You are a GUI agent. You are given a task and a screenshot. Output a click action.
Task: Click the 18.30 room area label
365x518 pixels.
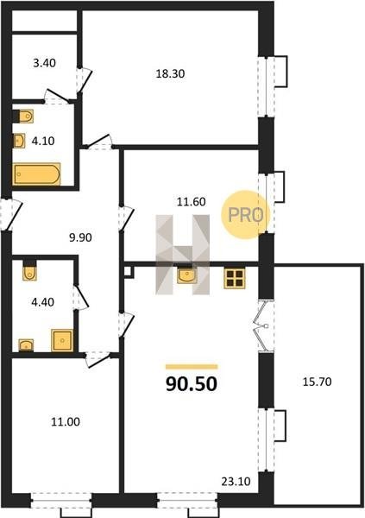coord(170,73)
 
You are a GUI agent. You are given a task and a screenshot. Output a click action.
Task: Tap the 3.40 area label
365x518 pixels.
coord(44,63)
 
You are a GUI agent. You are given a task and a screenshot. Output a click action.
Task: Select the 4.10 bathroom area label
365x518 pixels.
coord(43,141)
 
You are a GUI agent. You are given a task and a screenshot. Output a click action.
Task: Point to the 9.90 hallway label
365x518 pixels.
coord(80,237)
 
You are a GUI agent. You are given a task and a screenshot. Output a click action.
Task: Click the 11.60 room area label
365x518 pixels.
coord(191,201)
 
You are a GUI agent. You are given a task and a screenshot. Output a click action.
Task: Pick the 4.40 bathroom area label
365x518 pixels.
coord(42,302)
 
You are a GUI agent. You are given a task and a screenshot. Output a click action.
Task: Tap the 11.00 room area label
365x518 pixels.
coord(66,422)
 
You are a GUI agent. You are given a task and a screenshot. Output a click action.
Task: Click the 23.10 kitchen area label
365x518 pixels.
coord(236,482)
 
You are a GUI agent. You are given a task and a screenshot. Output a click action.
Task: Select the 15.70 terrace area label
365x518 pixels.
coord(317,382)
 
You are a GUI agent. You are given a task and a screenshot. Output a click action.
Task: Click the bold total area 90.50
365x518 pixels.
coord(192,384)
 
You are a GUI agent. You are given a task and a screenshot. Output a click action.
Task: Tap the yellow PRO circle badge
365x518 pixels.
coord(246,215)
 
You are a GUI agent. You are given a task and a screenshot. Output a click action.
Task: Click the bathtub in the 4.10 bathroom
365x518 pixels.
coord(36,174)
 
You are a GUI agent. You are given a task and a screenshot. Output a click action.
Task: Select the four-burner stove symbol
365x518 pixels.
coord(235,278)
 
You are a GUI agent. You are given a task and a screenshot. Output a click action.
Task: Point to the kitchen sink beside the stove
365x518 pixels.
coord(187,275)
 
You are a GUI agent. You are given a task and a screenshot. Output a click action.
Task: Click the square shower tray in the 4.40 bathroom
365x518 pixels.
coord(62,340)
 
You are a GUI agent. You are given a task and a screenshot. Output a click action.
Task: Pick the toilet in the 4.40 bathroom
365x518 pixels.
coord(29,271)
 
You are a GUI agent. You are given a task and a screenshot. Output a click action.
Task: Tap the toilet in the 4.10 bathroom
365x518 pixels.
coord(24,116)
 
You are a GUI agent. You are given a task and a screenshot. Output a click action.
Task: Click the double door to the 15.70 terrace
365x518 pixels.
coord(264,326)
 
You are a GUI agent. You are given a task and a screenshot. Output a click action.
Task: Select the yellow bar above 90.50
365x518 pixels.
coord(192,366)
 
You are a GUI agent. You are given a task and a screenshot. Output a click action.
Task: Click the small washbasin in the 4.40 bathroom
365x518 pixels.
coord(26,345)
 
